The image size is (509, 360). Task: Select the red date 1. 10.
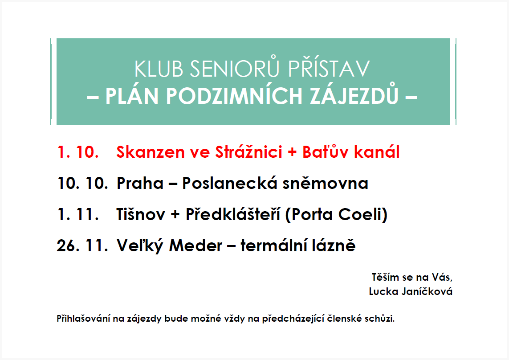(78, 152)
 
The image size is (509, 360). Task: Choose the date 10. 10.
(83, 184)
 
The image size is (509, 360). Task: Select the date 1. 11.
(78, 215)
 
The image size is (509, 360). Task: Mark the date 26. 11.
(83, 246)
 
